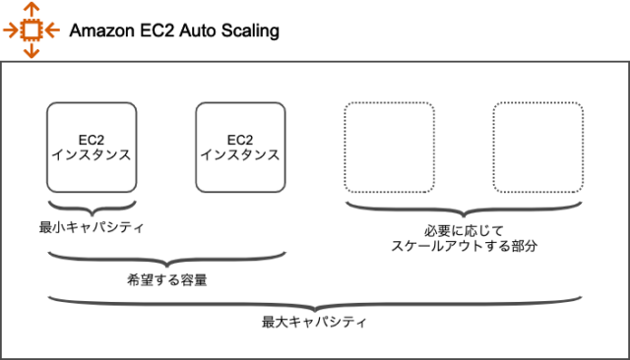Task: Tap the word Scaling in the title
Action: [251, 30]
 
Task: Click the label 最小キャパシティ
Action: [92, 228]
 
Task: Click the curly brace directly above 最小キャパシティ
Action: [92, 208]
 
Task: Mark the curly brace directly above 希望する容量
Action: [167, 260]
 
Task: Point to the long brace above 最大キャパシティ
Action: [315, 302]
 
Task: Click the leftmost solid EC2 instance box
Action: [92, 147]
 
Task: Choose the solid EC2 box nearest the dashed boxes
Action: [240, 147]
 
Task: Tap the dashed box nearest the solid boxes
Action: [388, 147]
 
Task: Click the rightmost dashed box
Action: [537, 147]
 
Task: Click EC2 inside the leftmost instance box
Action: [92, 139]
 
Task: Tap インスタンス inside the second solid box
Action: [240, 154]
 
